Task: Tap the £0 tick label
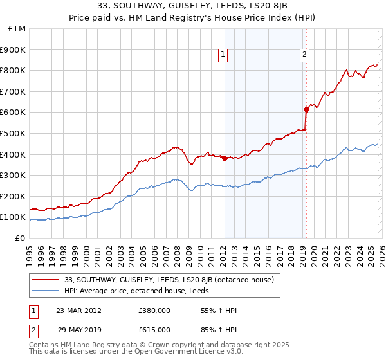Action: click(x=20, y=238)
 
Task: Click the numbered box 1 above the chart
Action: click(x=223, y=55)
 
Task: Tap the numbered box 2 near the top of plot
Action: click(x=304, y=55)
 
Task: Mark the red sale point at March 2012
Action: click(x=225, y=158)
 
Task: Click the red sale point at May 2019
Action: click(x=306, y=109)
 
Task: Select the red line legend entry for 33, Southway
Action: click(x=169, y=280)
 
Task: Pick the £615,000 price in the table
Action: click(x=154, y=329)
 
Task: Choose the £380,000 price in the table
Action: click(x=154, y=310)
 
